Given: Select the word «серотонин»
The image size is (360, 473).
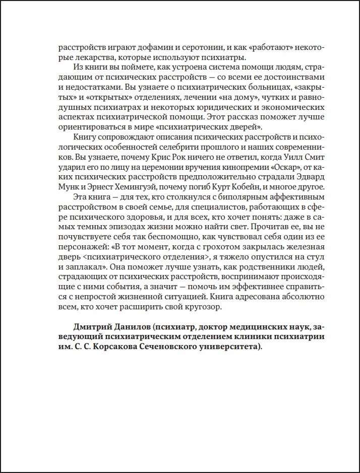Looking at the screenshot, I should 200,49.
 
